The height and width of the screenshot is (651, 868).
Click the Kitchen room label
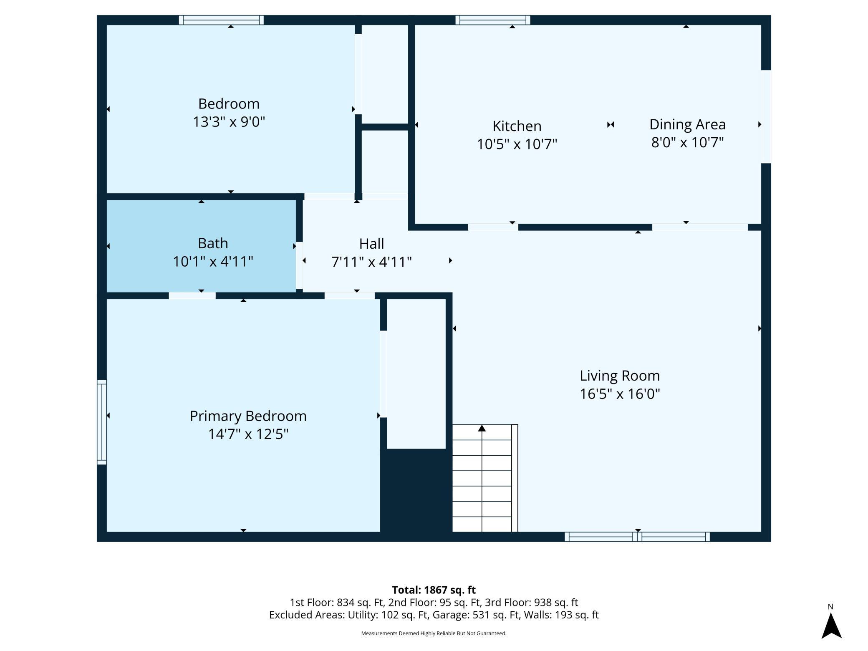pyautogui.click(x=517, y=126)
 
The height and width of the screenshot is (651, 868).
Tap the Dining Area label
pyautogui.click(x=687, y=124)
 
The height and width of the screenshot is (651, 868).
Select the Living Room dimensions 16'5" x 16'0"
pyautogui.click(x=620, y=394)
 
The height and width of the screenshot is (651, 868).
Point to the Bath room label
pyautogui.click(x=213, y=243)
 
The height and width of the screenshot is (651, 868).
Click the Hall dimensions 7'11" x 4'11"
pyautogui.click(x=371, y=262)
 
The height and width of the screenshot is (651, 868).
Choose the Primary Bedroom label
pyautogui.click(x=248, y=416)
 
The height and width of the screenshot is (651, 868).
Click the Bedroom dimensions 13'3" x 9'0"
pyautogui.click(x=229, y=122)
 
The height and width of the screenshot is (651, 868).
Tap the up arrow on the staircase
pyautogui.click(x=482, y=428)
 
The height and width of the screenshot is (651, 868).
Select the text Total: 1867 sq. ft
pyautogui.click(x=434, y=590)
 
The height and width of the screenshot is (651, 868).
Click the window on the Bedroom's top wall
pyautogui.click(x=221, y=20)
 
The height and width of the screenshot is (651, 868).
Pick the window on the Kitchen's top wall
pyautogui.click(x=493, y=20)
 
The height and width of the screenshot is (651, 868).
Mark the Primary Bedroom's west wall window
pyautogui.click(x=102, y=421)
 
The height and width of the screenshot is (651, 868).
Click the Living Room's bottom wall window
pyautogui.click(x=637, y=537)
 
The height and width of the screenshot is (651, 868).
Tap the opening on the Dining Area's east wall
pyautogui.click(x=766, y=117)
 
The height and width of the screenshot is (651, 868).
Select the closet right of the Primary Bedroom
pyautogui.click(x=416, y=373)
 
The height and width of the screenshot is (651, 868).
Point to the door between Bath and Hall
pyautogui.click(x=299, y=265)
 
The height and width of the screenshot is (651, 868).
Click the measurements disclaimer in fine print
pyautogui.click(x=434, y=633)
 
